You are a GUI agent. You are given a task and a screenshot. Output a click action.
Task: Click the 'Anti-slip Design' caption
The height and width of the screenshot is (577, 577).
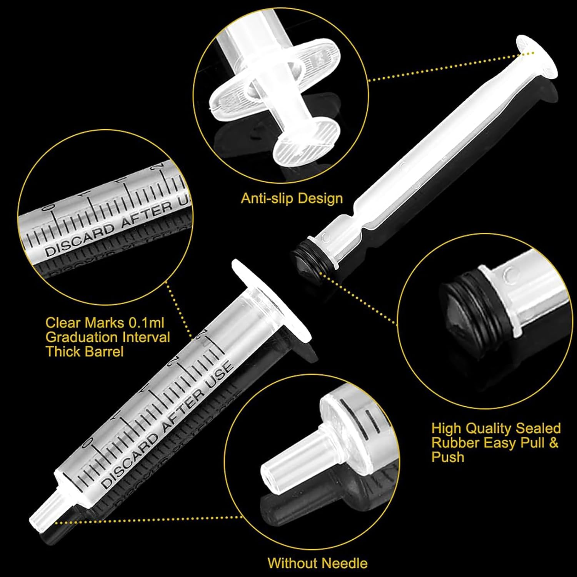pos(292,198)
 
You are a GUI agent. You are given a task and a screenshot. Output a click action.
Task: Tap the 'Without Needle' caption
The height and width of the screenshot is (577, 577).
pos(317,563)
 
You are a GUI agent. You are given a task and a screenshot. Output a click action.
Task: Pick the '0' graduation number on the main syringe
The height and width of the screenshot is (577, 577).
pos(88,442)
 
